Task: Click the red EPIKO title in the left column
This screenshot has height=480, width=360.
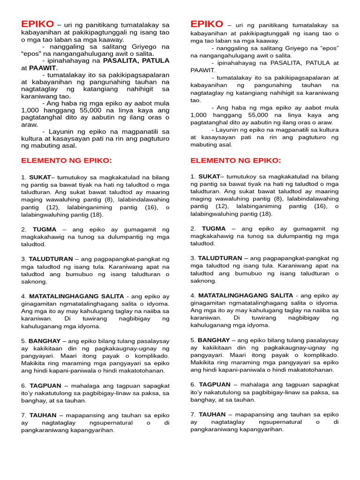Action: coord(37,24)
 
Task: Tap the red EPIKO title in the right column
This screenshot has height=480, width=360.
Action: coord(207,24)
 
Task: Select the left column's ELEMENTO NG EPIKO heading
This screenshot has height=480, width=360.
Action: coord(67,161)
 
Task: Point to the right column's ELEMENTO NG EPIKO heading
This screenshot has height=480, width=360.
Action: coord(236,161)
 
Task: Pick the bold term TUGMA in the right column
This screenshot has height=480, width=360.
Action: coord(214,229)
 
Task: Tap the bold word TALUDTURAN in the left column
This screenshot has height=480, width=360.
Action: coord(51,259)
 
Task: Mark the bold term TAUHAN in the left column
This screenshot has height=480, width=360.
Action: coord(43,415)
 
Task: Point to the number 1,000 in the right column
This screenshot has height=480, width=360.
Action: coord(199,115)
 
